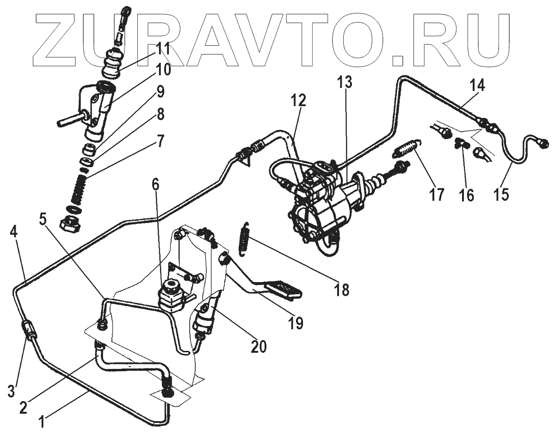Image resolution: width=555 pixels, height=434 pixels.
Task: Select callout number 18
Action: [x=342, y=290]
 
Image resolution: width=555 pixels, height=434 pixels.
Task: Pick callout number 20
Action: [x=259, y=346]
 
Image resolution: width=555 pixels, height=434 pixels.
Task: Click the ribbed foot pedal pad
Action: [x=283, y=288]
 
